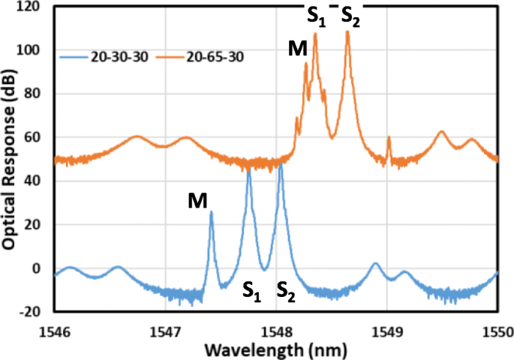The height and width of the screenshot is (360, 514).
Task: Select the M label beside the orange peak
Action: coord(297,49)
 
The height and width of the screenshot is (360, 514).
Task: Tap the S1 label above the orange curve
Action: coord(316,16)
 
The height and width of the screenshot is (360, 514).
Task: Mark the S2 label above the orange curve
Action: coord(350,16)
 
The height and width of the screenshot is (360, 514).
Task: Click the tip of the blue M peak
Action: coord(211,212)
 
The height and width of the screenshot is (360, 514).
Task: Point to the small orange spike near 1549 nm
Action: coord(389,138)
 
